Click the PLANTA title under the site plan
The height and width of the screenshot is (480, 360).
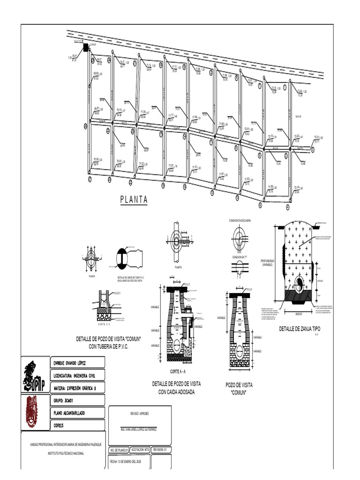pos(134,200)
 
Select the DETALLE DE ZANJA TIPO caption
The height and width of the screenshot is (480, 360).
pos(299,329)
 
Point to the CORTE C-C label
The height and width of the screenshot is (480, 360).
pos(107,323)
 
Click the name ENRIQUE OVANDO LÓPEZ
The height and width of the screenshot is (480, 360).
pos(70,363)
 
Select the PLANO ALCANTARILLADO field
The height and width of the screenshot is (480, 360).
pos(73,413)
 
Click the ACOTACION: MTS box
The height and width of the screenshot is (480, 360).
pos(140,450)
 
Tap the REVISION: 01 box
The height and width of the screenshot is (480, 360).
pos(159,450)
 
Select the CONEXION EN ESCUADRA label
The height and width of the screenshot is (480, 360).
pos(240,220)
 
